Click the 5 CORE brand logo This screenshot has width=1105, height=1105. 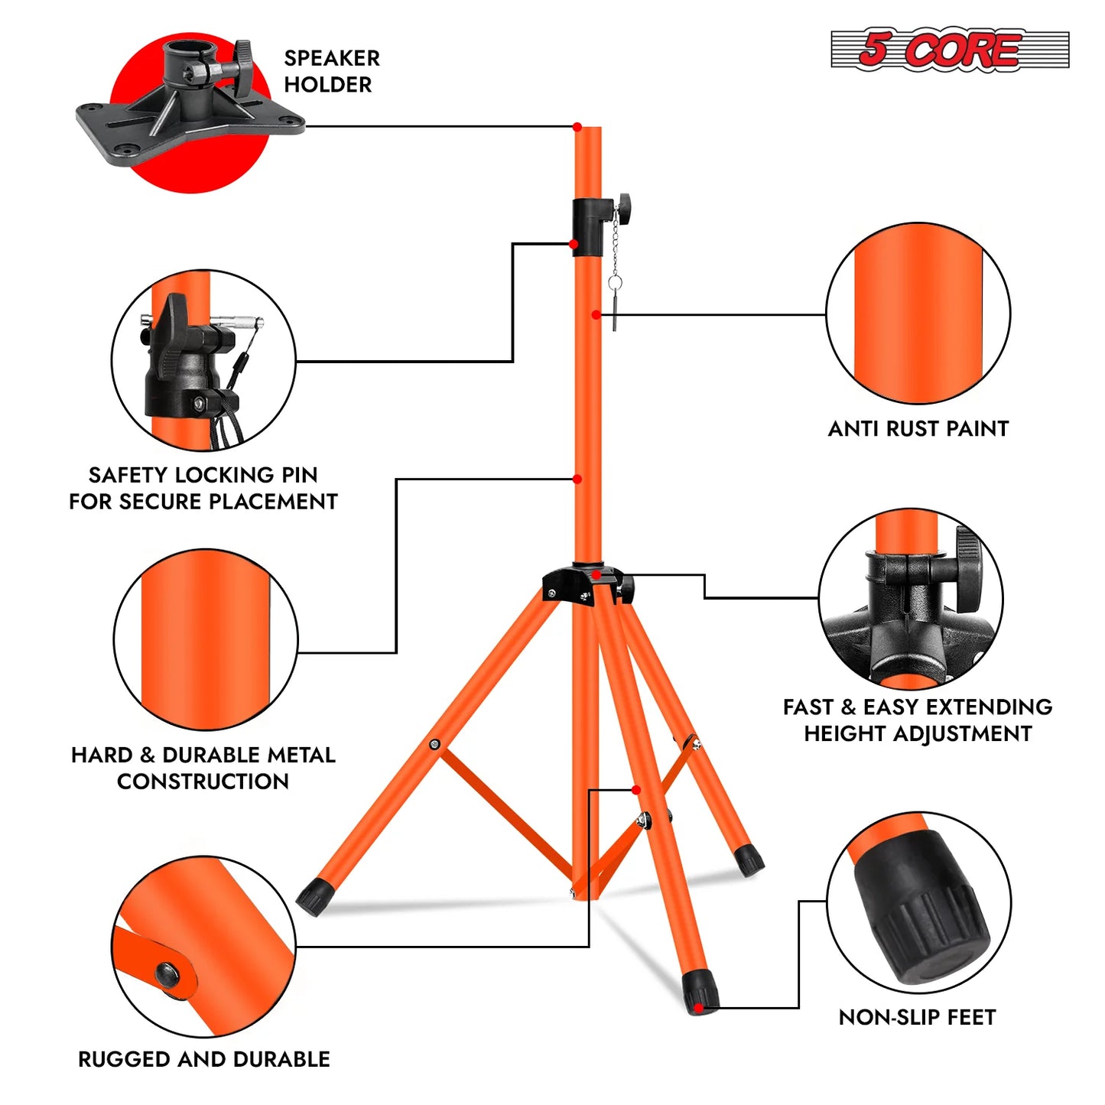(949, 50)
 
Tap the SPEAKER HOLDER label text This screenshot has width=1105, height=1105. (331, 71)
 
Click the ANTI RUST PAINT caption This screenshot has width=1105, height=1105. (918, 429)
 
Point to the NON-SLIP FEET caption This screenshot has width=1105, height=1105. (917, 1017)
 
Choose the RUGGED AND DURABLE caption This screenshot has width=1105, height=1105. (204, 1059)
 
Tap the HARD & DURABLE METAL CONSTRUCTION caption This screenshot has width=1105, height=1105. (203, 768)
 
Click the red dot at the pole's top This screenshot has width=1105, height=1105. (577, 127)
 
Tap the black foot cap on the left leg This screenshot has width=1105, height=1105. (311, 895)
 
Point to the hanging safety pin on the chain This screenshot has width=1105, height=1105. (615, 306)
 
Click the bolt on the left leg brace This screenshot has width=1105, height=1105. (434, 744)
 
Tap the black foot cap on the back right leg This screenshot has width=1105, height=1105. (749, 860)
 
